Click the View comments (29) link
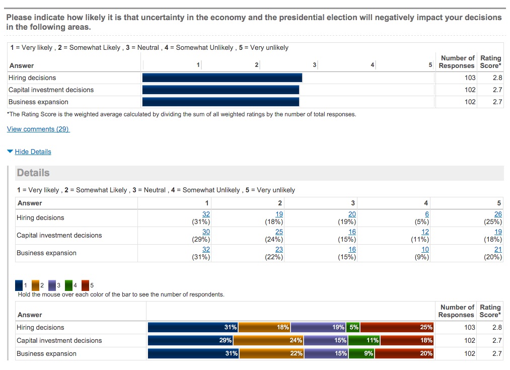pyautogui.click(x=38, y=129)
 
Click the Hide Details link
pyautogui.click(x=33, y=152)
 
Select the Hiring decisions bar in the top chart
pyautogui.click(x=222, y=78)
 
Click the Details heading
pyautogui.click(x=33, y=173)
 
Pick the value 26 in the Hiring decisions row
pyautogui.click(x=498, y=214)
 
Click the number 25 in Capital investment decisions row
pyautogui.click(x=279, y=232)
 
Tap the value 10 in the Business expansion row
pyautogui.click(x=425, y=249)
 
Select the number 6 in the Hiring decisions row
pyautogui.click(x=427, y=214)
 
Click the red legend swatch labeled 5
pyautogui.click(x=85, y=285)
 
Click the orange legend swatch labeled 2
pyautogui.click(x=36, y=285)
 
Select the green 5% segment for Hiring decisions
pyautogui.click(x=353, y=327)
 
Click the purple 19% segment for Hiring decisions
pyautogui.click(x=318, y=327)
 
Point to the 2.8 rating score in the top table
pyautogui.click(x=497, y=78)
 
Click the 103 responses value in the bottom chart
pyautogui.click(x=469, y=327)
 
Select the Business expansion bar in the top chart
pyautogui.click(x=221, y=102)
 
